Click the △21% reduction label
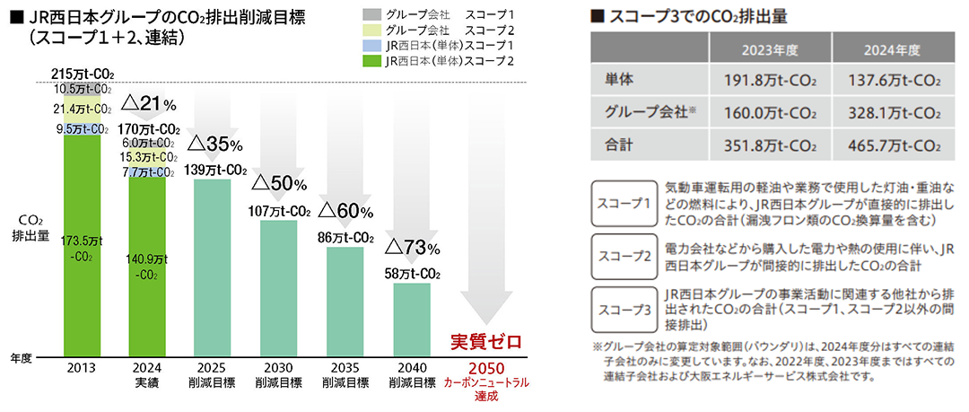(149, 104)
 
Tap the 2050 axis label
(486, 368)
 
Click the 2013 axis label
(83, 368)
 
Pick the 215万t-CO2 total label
(83, 75)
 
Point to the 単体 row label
(619, 80)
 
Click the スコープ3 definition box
(624, 310)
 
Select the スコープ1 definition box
(624, 203)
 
